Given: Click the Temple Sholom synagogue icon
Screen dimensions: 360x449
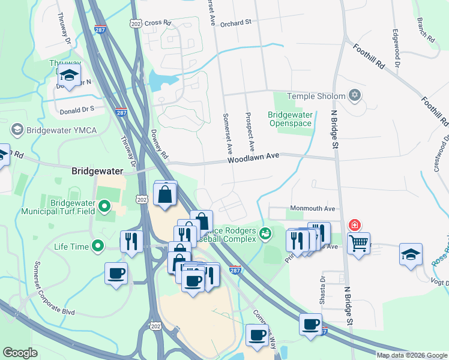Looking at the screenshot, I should point(354,95).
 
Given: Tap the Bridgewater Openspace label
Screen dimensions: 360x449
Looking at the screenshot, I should point(289,119).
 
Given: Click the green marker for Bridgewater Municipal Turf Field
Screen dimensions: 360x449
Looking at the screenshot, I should point(104,207).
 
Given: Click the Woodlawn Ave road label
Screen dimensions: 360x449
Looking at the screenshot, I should point(254,158).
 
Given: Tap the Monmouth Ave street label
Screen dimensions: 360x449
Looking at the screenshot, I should point(312,208).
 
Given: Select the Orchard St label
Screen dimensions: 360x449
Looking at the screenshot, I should point(235,23).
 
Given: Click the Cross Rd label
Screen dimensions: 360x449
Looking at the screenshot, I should point(153,23).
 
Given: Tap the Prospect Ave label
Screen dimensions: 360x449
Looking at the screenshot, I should point(250,131).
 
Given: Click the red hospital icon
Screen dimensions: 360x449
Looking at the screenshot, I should point(355,225).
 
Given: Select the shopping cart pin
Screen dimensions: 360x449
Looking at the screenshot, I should point(358,244).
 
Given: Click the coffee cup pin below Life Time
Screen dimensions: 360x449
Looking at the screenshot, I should point(116,273).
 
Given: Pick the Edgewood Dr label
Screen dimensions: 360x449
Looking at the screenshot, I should point(397,47).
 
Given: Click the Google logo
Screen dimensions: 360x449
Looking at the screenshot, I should point(20,353).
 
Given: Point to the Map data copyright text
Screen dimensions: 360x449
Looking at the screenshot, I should point(412,355).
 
